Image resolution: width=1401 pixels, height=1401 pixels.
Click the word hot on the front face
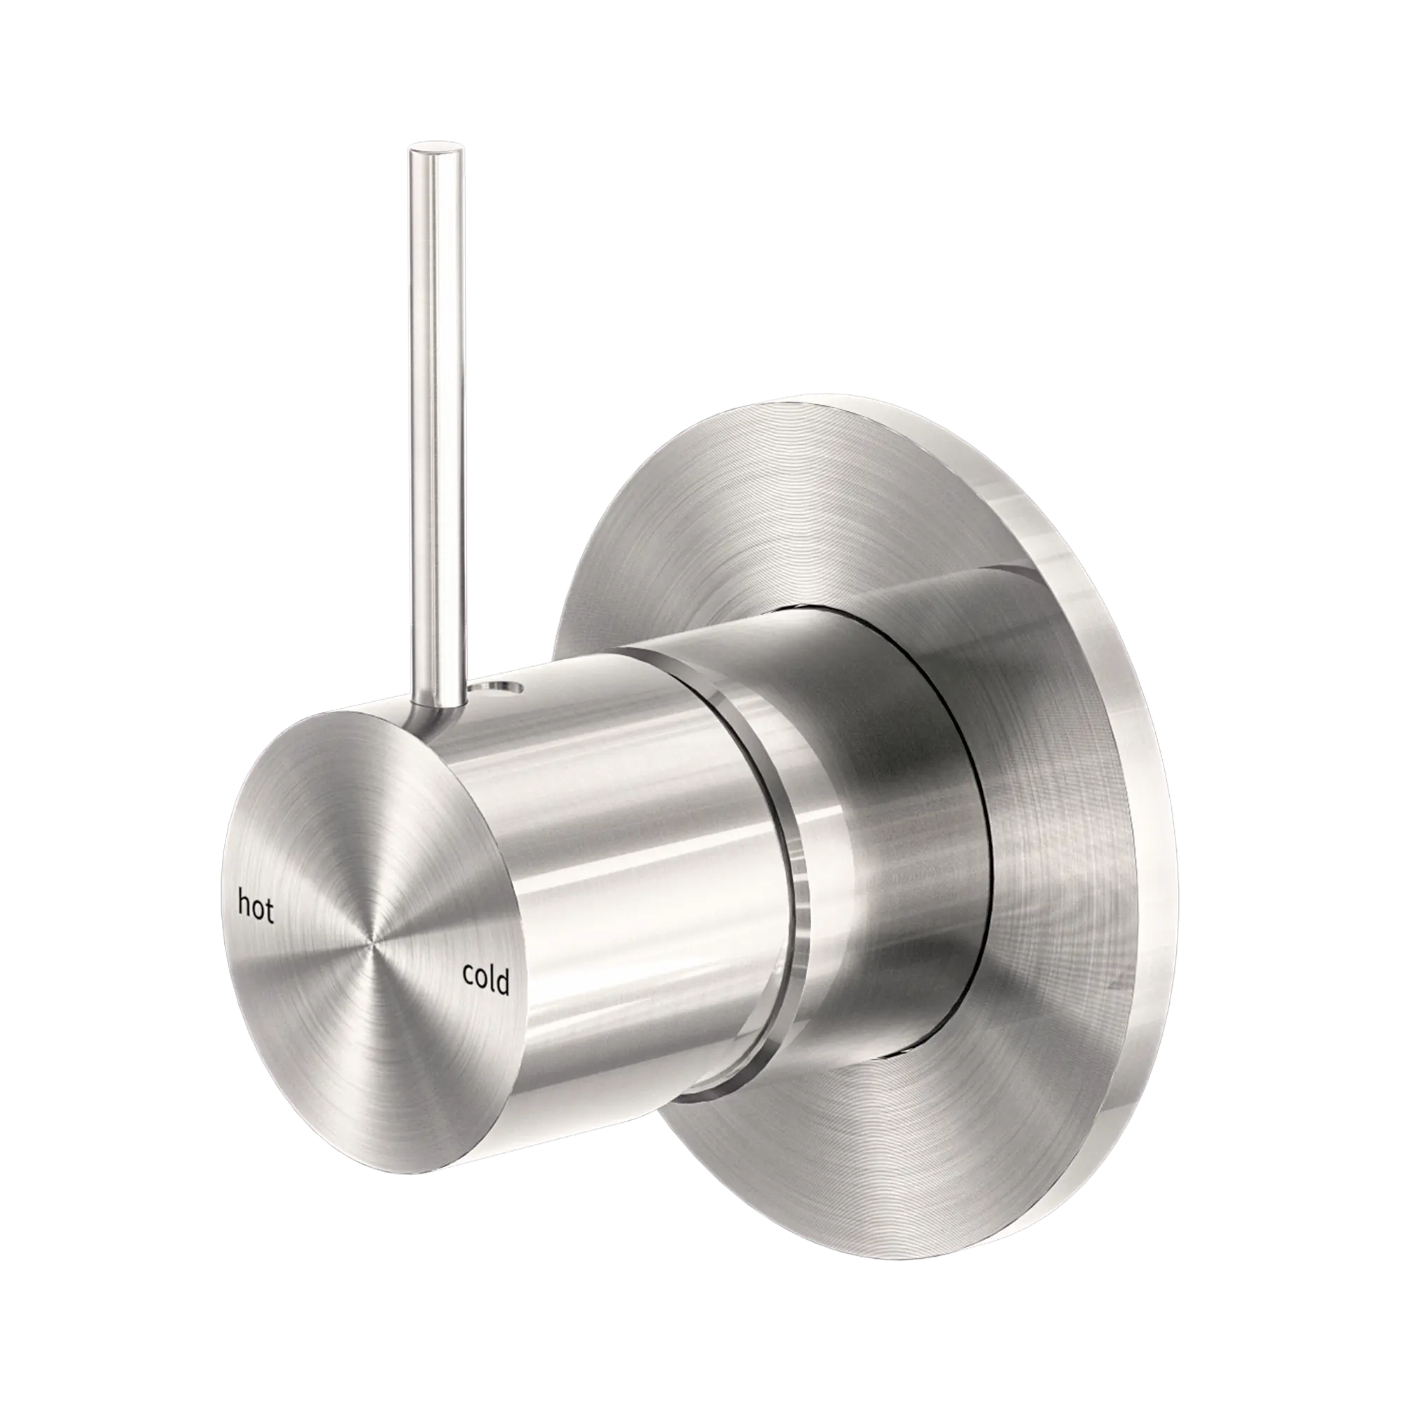256,907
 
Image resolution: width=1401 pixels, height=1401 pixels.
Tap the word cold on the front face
486,980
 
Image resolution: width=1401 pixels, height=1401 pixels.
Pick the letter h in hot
245,904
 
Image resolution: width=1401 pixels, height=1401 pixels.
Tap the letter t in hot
269,912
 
